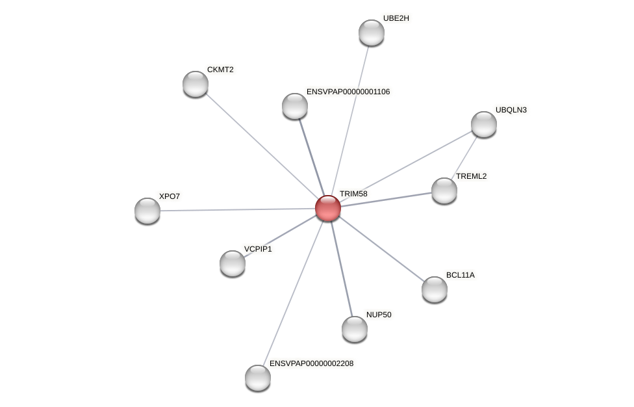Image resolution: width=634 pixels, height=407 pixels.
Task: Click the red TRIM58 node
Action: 328,208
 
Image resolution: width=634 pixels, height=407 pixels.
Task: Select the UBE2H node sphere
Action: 372,33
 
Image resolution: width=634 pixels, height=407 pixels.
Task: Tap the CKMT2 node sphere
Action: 196,84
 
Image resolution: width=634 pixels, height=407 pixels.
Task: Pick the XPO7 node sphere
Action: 147,210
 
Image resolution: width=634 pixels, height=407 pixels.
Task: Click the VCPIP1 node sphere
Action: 233,263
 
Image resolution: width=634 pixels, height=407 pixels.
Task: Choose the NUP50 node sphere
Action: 355,328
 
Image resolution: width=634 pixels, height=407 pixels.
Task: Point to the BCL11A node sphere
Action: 435,289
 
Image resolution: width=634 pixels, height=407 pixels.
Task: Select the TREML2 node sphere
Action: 444,190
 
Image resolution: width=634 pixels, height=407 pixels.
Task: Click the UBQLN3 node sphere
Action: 484,124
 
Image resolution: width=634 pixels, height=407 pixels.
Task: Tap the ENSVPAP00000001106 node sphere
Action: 295,106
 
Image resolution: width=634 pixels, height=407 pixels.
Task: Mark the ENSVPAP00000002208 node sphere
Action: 258,377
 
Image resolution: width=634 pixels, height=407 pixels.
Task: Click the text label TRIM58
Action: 353,194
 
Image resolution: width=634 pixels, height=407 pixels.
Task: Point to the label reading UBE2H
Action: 396,18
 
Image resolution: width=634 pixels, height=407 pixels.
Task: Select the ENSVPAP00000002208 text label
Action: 311,363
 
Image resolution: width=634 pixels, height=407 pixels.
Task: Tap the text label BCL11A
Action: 460,275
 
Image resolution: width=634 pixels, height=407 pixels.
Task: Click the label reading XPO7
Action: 170,196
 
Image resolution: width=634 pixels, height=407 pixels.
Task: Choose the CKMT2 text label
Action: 220,70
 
